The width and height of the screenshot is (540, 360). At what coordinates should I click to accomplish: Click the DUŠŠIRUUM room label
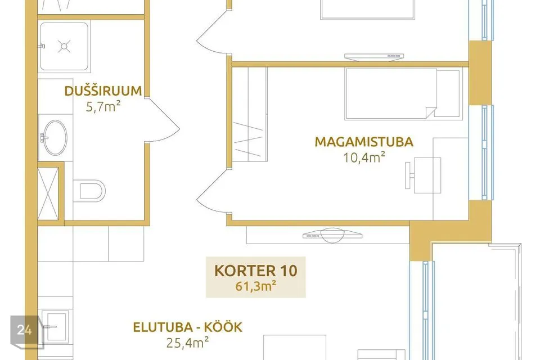[x=103, y=91]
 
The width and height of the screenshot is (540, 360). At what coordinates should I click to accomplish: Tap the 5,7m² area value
[x=103, y=107]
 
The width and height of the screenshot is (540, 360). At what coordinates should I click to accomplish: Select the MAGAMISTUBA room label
[x=364, y=142]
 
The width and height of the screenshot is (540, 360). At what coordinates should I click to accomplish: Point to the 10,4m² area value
[x=364, y=157]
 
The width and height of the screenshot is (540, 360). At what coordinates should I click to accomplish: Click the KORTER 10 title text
[x=255, y=271]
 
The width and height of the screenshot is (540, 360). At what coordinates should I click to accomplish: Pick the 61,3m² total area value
[x=255, y=286]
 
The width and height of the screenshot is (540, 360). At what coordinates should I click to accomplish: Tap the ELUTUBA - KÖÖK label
[x=188, y=327]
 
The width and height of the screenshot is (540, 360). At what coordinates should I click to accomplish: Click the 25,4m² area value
[x=188, y=343]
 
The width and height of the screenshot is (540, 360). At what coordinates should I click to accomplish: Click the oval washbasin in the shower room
[x=55, y=137]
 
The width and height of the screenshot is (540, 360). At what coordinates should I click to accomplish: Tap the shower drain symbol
[x=64, y=46]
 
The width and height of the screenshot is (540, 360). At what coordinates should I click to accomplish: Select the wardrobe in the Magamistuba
[x=250, y=114]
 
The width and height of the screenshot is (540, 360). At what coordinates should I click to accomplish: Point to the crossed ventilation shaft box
[x=47, y=193]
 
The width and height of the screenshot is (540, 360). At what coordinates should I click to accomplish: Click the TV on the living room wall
[x=332, y=235]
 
